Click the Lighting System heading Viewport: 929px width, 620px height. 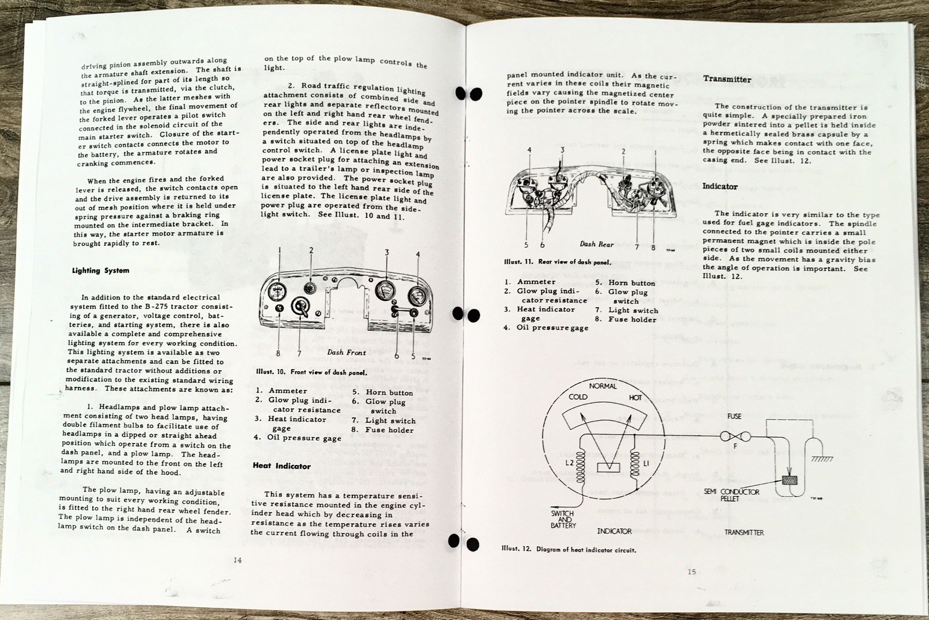[x=100, y=271]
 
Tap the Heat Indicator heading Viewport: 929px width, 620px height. [x=282, y=466]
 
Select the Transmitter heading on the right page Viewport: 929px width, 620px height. [x=727, y=79]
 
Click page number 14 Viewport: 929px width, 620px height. [x=237, y=560]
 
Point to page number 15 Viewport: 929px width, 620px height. [x=692, y=572]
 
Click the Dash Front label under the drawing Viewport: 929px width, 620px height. [x=347, y=352]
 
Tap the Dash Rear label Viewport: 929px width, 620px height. [x=596, y=244]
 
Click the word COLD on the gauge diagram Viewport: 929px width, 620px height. [x=578, y=397]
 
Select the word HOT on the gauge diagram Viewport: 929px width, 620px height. [x=635, y=398]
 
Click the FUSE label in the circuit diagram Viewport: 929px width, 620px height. [x=734, y=417]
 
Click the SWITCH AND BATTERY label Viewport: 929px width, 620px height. [x=563, y=520]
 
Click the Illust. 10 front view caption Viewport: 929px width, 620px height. [x=311, y=372]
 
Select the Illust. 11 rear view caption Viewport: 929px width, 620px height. [x=557, y=262]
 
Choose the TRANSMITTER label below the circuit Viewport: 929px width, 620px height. [x=744, y=532]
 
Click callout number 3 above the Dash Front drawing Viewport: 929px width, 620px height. [x=387, y=253]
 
